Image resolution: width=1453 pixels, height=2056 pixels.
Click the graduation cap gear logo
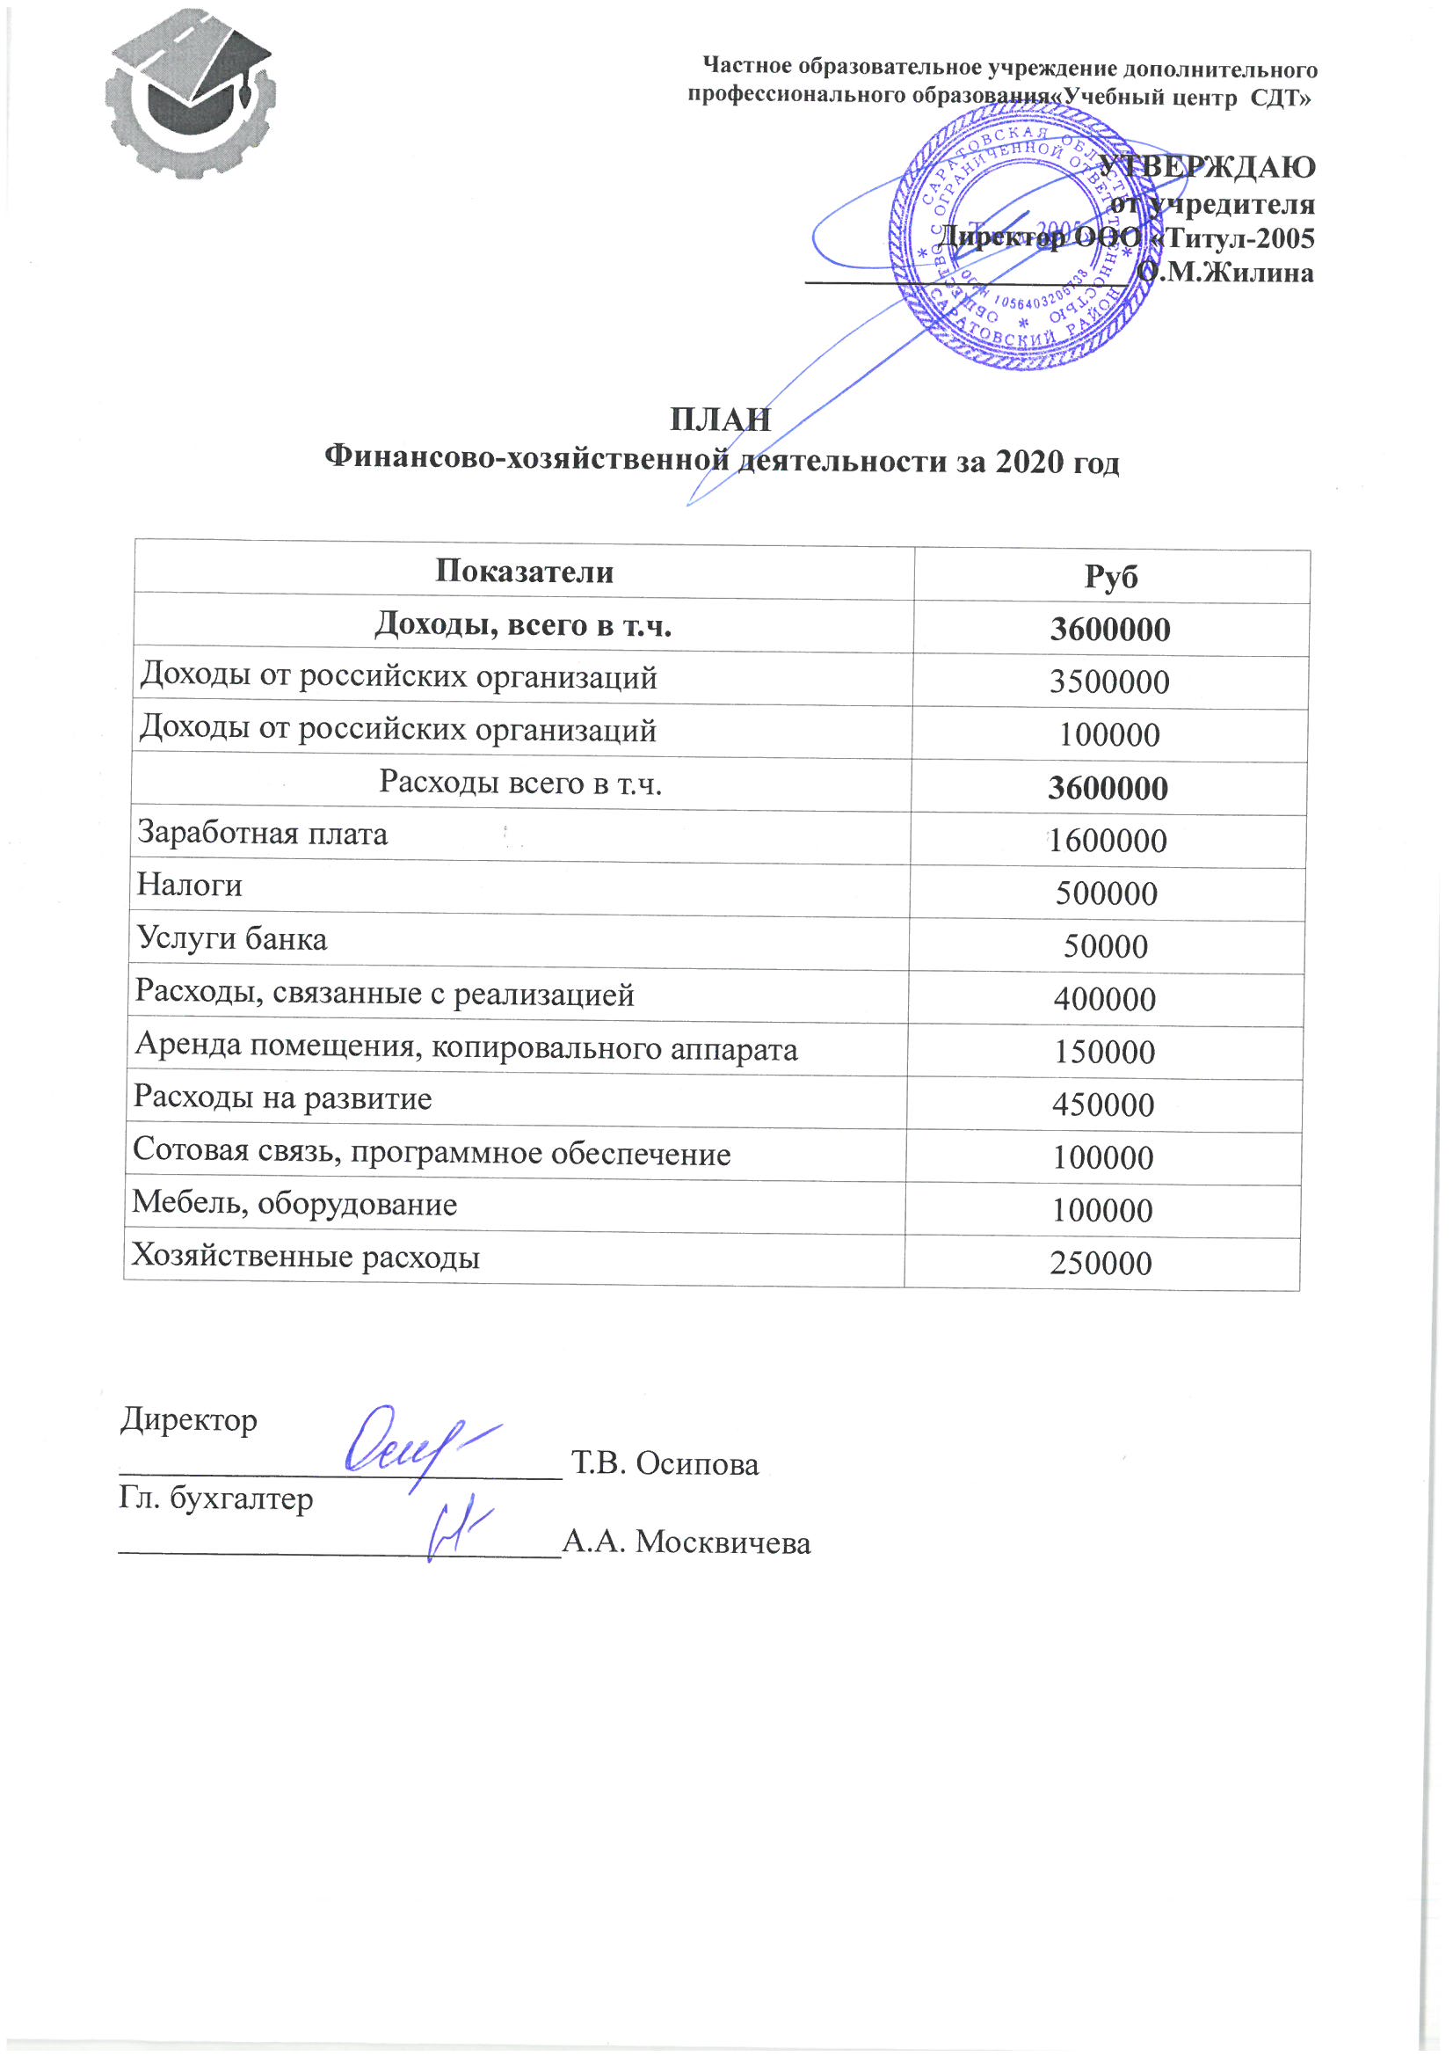click(x=190, y=95)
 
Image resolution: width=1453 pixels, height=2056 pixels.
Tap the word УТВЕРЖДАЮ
click(x=1207, y=166)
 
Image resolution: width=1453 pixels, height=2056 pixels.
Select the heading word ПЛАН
click(x=721, y=419)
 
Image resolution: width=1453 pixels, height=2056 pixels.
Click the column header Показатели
click(x=524, y=572)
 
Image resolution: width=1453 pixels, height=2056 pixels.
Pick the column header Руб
click(x=1111, y=576)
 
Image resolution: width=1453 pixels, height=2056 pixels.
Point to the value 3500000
click(x=1109, y=682)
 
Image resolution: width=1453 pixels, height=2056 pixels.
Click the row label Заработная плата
click(x=262, y=834)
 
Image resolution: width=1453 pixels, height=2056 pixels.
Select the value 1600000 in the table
click(x=1108, y=841)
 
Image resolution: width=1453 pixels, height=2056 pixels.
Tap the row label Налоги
click(x=190, y=886)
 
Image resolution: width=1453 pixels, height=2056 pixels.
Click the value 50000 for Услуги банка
click(x=1106, y=946)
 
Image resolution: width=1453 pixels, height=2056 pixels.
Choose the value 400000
click(x=1105, y=999)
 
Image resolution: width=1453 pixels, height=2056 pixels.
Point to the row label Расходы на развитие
click(x=283, y=1097)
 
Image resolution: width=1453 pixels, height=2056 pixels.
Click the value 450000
click(x=1104, y=1105)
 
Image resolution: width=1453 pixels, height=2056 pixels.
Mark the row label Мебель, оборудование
click(x=294, y=1204)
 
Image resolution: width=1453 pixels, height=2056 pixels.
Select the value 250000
click(x=1101, y=1264)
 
